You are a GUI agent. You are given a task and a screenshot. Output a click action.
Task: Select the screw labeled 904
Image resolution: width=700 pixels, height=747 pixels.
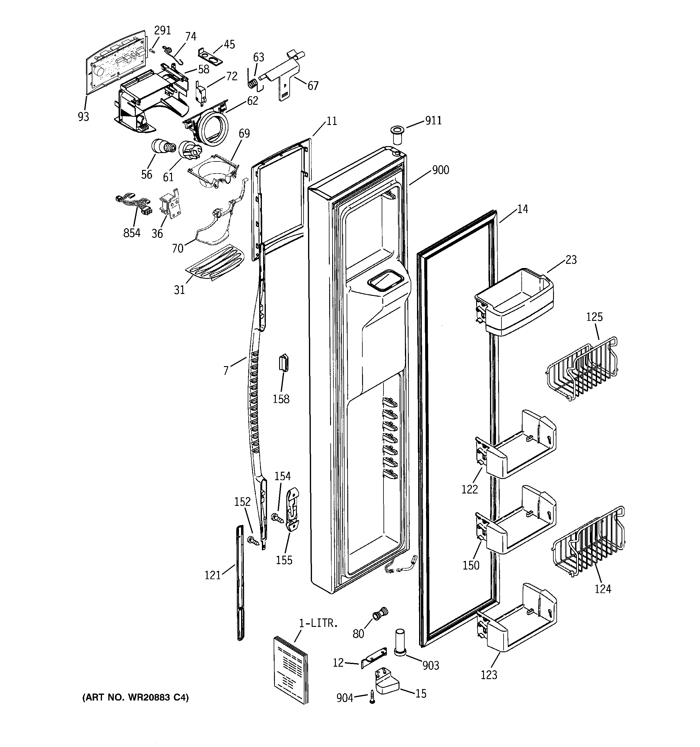pyautogui.click(x=372, y=696)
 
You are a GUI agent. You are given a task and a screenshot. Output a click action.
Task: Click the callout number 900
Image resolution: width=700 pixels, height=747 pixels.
pyautogui.click(x=440, y=170)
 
